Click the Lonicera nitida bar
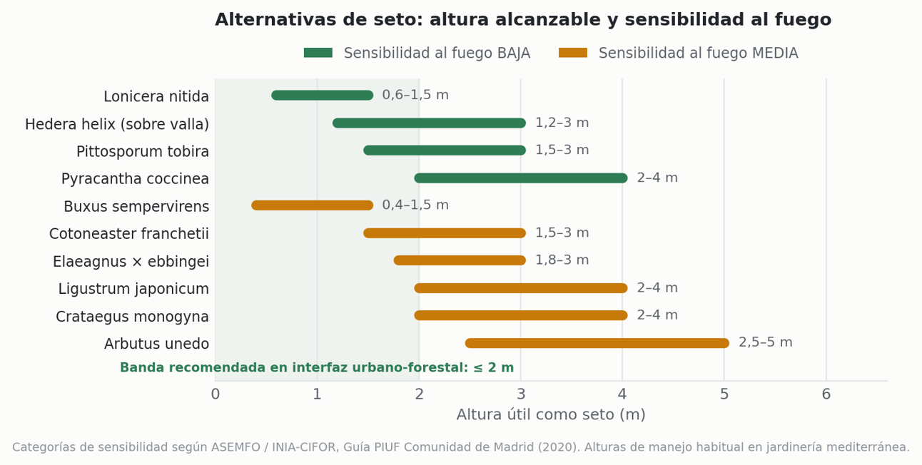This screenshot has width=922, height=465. (x=323, y=96)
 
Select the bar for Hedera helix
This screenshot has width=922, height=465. (x=430, y=123)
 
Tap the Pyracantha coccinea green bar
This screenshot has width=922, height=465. (x=521, y=178)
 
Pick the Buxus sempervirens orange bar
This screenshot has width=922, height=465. (x=313, y=205)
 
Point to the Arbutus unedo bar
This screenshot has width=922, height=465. (x=597, y=343)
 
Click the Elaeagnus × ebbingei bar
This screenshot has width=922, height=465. (x=460, y=260)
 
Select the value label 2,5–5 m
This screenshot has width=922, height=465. (x=766, y=342)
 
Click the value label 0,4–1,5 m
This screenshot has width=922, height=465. (x=415, y=205)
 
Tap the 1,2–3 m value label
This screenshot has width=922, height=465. (x=562, y=123)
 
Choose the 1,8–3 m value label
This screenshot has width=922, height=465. (x=562, y=260)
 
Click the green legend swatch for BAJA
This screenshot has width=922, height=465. (x=318, y=53)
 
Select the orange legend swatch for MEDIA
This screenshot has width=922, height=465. (x=573, y=53)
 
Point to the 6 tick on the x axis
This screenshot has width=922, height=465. (x=826, y=394)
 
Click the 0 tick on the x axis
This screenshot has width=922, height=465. (x=216, y=394)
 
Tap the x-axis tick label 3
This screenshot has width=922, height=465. (x=521, y=394)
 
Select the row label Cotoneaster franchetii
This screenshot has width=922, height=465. (x=129, y=234)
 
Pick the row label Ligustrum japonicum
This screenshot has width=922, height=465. (x=133, y=289)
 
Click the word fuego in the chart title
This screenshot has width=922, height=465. (x=803, y=20)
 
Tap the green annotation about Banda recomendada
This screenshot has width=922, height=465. (x=317, y=367)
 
